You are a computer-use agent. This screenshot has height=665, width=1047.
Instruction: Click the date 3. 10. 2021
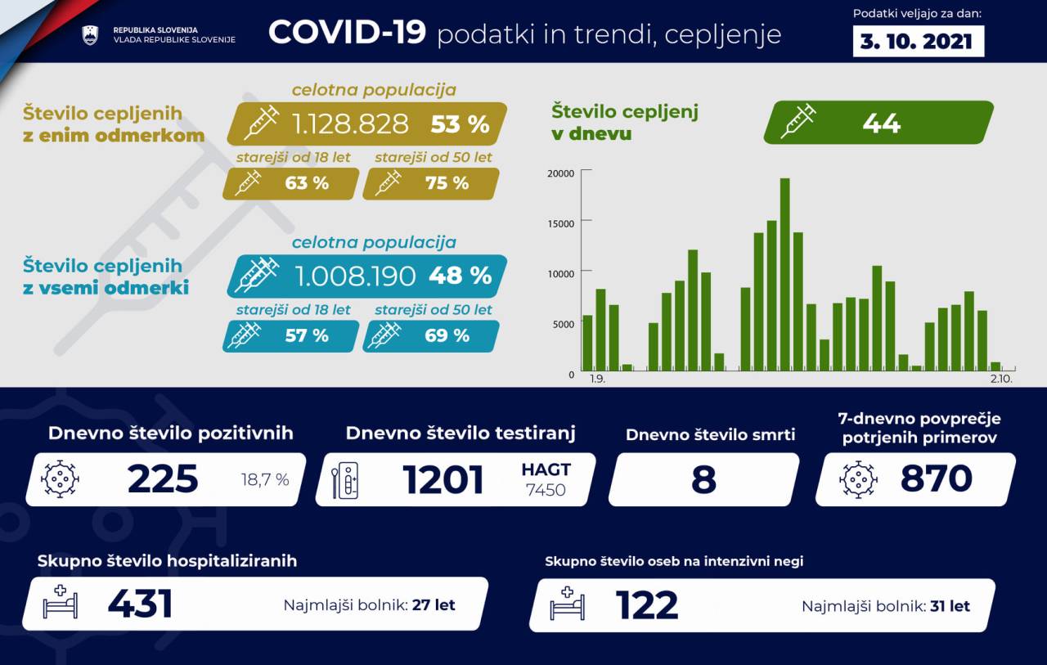click(x=918, y=41)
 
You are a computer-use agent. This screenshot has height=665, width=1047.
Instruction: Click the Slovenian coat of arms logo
click(x=90, y=35)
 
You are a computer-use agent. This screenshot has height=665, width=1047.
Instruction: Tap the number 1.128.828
click(x=350, y=124)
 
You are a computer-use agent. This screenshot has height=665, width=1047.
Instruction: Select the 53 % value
click(x=460, y=124)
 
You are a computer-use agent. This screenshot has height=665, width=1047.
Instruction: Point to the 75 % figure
click(x=447, y=183)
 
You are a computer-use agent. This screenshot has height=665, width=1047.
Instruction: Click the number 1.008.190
click(x=354, y=276)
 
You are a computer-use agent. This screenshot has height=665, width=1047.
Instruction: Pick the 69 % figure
click(x=447, y=335)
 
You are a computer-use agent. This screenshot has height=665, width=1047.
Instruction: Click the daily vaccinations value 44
click(x=881, y=124)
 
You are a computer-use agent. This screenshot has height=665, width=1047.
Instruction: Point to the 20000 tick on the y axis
click(x=560, y=173)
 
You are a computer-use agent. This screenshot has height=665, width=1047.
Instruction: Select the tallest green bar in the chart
click(x=784, y=274)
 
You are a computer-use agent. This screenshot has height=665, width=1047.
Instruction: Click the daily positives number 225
click(x=163, y=479)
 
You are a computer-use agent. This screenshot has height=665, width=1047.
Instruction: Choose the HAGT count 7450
click(x=546, y=490)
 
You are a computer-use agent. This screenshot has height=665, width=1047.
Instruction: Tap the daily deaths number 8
click(x=703, y=480)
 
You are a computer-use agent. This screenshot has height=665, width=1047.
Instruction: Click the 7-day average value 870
click(x=936, y=479)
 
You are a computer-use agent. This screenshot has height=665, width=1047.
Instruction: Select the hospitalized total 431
click(x=140, y=604)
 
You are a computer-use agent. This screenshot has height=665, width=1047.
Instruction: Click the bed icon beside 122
click(x=567, y=604)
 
